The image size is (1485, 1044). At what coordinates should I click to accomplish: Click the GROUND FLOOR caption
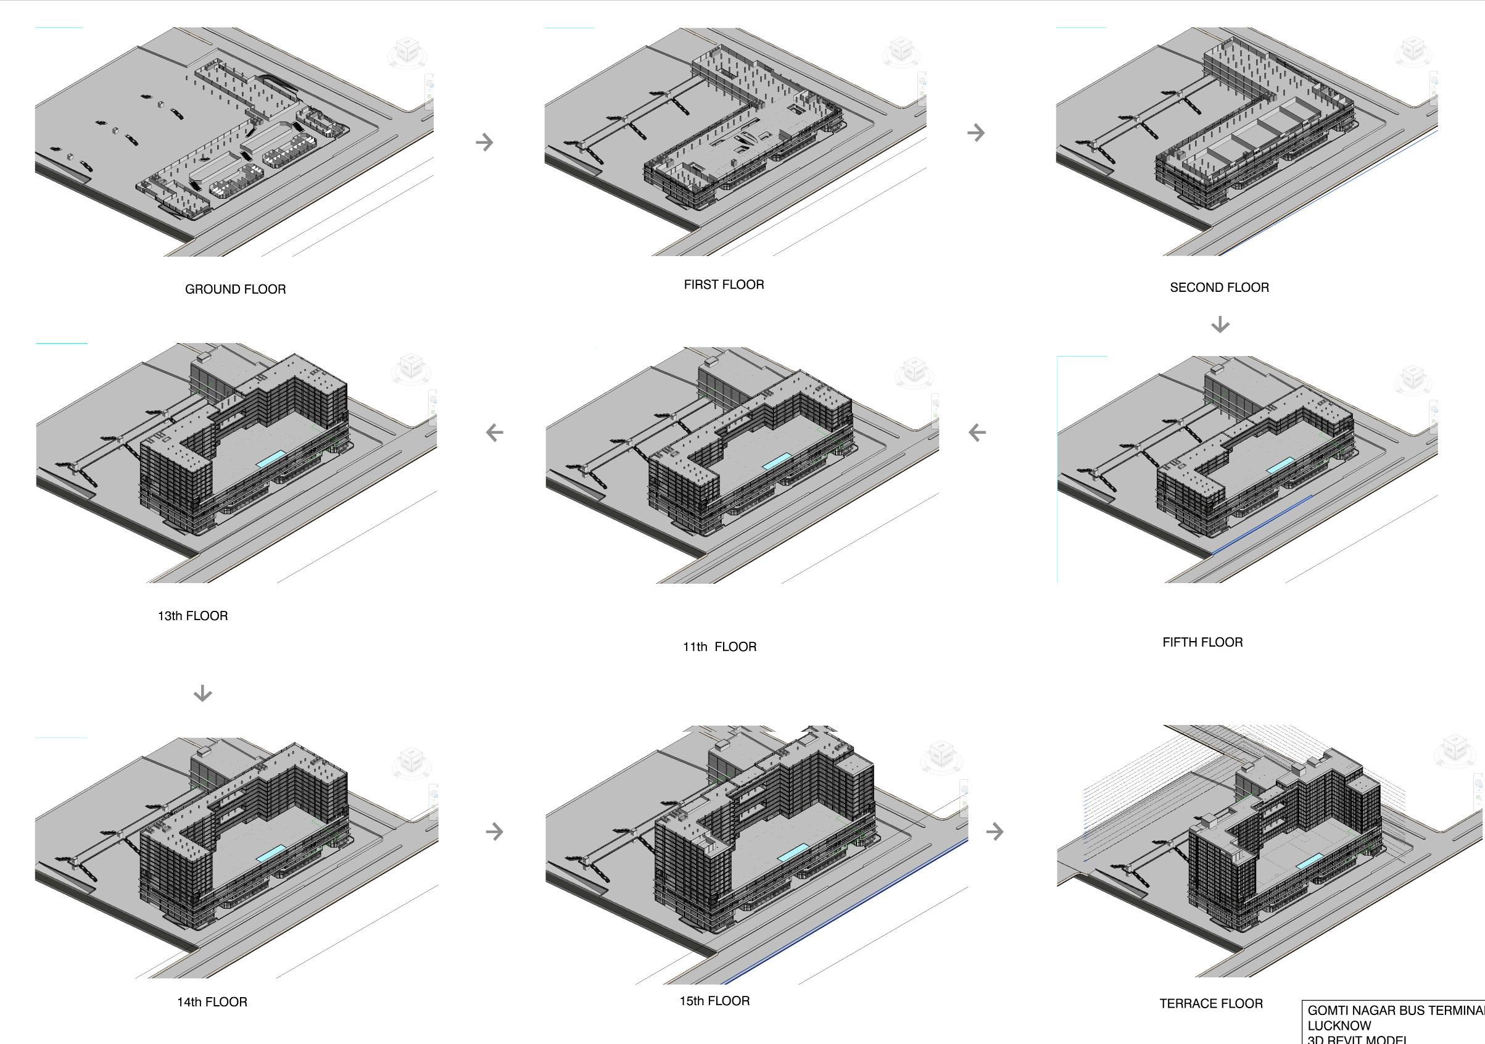[x=236, y=289]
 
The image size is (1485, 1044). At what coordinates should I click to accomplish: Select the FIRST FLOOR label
[x=724, y=284]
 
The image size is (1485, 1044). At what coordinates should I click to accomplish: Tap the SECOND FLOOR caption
[x=1219, y=287]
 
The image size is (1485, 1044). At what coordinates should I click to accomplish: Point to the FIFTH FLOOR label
[x=1202, y=642]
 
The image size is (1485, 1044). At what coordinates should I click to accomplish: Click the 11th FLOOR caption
[x=719, y=647]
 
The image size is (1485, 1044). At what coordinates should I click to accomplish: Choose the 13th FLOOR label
[x=192, y=616]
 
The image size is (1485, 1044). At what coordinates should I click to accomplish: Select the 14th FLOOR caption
[x=212, y=1002]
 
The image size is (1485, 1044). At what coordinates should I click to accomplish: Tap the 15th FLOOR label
[x=714, y=1001]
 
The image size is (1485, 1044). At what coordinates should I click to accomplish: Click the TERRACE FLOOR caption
[x=1211, y=1003]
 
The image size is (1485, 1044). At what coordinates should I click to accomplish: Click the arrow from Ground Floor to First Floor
[x=484, y=142]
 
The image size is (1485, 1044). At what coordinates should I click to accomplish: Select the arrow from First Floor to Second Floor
[x=976, y=133]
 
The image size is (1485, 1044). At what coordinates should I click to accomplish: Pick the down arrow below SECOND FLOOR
[x=1220, y=324]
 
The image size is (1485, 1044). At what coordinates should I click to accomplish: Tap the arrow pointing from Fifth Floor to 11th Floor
[x=977, y=432]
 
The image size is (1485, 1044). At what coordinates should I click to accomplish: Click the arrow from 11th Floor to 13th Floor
[x=495, y=432]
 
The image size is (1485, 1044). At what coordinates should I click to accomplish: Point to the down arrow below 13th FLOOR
[x=202, y=694]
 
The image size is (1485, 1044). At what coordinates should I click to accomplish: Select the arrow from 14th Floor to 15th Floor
[x=494, y=831]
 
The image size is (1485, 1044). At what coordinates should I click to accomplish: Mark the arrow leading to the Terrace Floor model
[x=995, y=831]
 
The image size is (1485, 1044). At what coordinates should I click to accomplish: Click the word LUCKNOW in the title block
[x=1339, y=1026]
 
